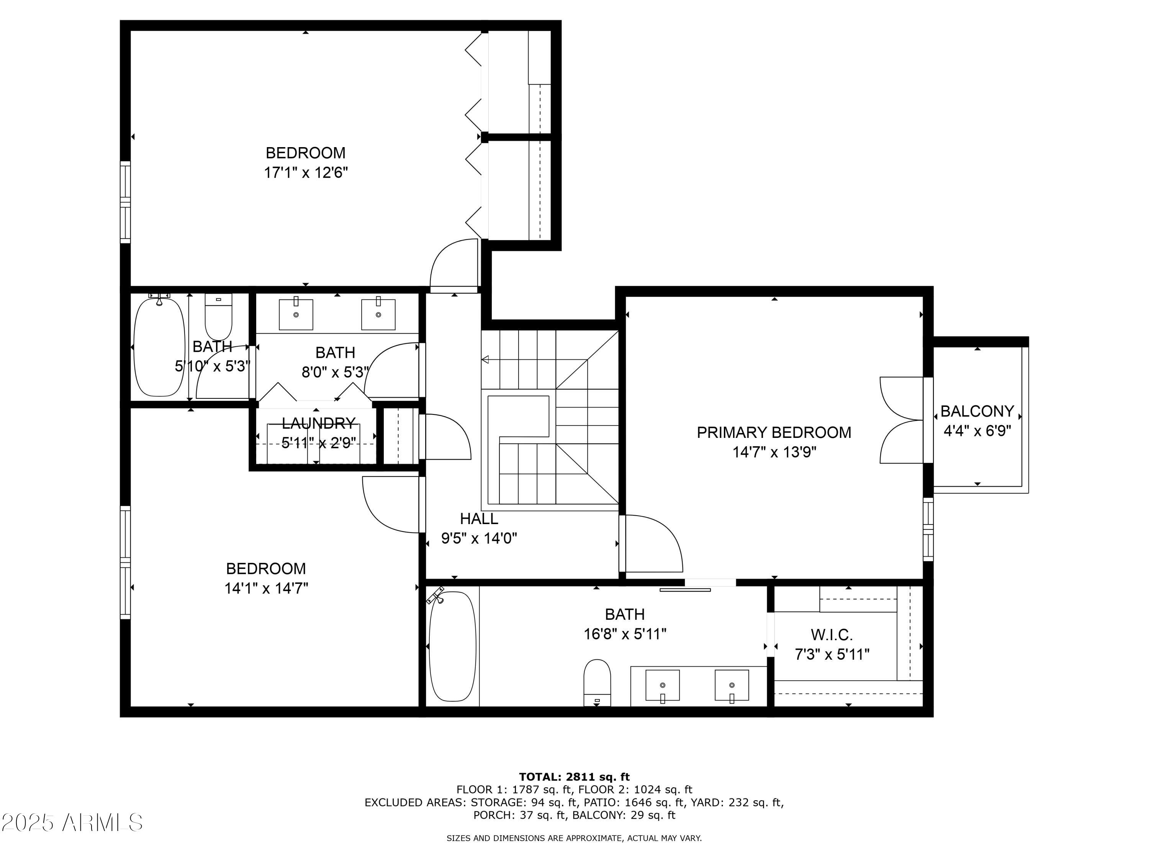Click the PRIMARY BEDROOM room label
click(773, 432)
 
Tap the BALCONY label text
click(977, 411)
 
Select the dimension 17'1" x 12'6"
click(305, 172)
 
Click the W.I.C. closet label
click(831, 634)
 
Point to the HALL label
click(478, 519)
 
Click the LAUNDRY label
click(318, 423)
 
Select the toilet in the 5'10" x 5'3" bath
click(218, 317)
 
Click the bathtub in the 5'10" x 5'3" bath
click(159, 347)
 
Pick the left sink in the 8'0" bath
click(296, 315)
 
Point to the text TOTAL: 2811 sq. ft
click(574, 777)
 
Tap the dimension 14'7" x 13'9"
click(773, 452)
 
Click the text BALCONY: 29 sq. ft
click(623, 815)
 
